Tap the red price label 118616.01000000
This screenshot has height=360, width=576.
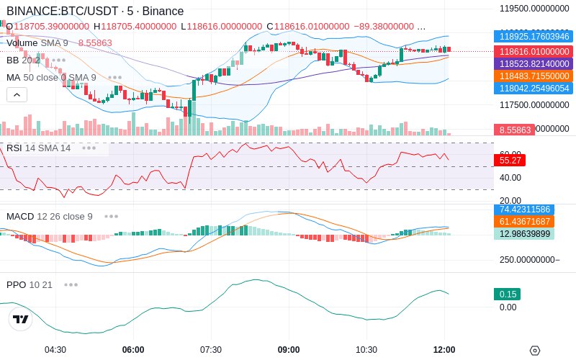pos(532,52)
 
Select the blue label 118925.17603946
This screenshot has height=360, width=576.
pos(532,36)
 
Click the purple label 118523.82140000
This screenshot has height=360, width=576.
pos(532,64)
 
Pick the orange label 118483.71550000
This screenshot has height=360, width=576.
pos(532,76)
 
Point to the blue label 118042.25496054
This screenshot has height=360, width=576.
pos(532,88)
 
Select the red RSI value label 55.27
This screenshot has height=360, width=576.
pos(510,160)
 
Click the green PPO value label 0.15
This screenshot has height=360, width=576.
pos(507,294)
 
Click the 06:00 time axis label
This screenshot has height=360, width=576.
pos(133,350)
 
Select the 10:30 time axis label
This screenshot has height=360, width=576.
pos(366,350)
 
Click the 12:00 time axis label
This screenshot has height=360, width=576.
pos(444,350)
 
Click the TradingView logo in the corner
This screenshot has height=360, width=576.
pos(21,320)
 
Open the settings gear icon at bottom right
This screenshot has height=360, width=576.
pos(534,351)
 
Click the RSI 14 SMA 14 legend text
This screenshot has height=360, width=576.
pos(39,148)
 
